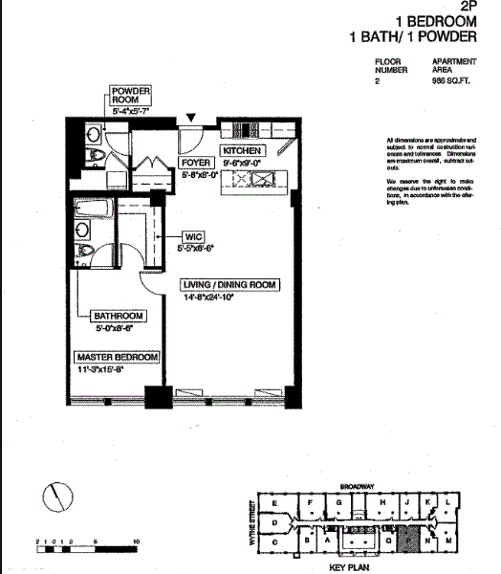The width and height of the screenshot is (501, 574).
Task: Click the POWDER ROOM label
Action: (x=129, y=93)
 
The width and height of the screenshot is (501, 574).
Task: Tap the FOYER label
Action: (x=196, y=163)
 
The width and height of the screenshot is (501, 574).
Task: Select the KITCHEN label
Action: (x=241, y=151)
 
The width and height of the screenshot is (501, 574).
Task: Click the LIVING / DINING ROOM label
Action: (x=229, y=285)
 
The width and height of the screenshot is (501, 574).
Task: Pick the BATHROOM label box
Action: (x=118, y=316)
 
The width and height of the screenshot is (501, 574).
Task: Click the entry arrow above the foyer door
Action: (x=192, y=117)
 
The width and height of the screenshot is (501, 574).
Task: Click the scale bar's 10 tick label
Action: (x=138, y=542)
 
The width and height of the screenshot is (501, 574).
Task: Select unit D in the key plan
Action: (x=274, y=523)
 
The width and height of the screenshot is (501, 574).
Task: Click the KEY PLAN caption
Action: (x=349, y=566)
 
